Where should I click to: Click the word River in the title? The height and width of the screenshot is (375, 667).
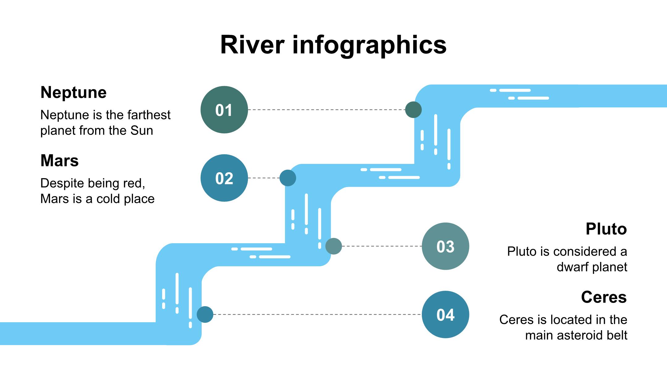252,45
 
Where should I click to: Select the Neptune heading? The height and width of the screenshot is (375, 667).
73,92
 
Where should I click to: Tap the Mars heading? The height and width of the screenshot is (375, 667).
60,160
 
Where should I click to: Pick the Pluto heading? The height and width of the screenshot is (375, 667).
606,229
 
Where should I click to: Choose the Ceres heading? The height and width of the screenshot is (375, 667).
604,297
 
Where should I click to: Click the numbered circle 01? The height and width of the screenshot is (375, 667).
224,110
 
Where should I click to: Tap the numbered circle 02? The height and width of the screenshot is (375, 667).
224,178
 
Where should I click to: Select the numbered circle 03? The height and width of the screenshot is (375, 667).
445,246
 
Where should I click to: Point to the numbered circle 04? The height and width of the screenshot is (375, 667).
445,315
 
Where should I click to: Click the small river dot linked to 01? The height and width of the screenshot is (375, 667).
413,110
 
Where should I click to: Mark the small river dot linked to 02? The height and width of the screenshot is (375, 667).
288,178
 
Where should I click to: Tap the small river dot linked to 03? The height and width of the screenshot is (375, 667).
333,246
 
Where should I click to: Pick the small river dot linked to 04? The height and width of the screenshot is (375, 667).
205,315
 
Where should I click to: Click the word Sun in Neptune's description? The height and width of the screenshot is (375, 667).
142,131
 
